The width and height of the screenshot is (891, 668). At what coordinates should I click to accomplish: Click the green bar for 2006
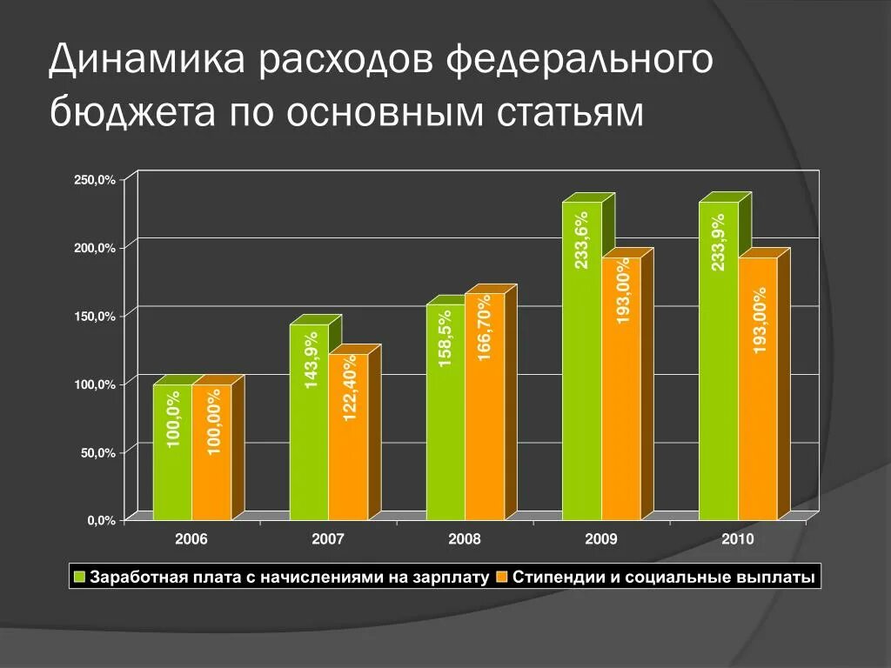coord(172,452)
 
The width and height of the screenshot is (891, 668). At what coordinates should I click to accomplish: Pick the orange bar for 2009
coord(621,388)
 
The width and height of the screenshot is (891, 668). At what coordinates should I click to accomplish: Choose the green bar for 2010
coord(718,361)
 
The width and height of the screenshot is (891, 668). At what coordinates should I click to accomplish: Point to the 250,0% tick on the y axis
coord(95,180)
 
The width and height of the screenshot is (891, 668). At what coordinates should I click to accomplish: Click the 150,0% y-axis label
coord(95,317)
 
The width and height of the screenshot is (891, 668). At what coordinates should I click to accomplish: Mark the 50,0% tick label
coord(97,453)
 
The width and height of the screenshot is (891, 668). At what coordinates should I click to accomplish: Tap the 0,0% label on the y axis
coord(101,521)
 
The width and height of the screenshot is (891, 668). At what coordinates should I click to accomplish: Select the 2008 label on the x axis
coord(465,539)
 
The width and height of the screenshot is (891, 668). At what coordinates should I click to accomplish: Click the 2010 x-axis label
coord(738,539)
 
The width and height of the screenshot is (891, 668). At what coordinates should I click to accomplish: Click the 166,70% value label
coord(485,326)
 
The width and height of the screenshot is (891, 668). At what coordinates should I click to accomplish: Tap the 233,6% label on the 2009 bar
coord(581,241)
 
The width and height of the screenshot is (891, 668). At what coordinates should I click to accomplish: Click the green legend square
coord(79,577)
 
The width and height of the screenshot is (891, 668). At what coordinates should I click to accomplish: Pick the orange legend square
coord(502,577)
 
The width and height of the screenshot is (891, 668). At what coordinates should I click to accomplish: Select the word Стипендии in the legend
coord(560,577)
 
